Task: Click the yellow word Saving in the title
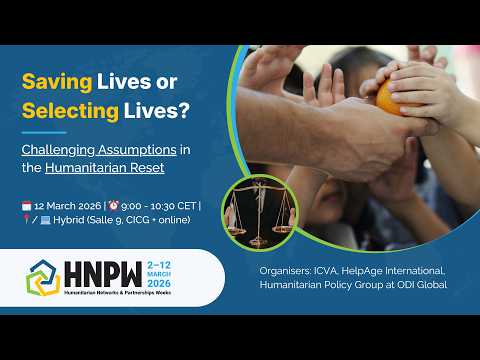pyautogui.click(x=57, y=82)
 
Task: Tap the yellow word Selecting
pyautogui.click(x=70, y=111)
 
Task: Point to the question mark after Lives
pyautogui.click(x=184, y=110)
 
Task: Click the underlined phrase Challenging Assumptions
pyautogui.click(x=99, y=150)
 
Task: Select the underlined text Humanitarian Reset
pyautogui.click(x=105, y=167)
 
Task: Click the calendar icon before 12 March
pyautogui.click(x=27, y=206)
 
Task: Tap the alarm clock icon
pyautogui.click(x=114, y=205)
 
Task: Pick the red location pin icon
pyautogui.click(x=26, y=219)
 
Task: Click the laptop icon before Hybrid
pyautogui.click(x=45, y=220)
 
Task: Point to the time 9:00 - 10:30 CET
pyautogui.click(x=159, y=206)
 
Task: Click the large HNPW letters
pyautogui.click(x=103, y=274)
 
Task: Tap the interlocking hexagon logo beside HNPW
pyautogui.click(x=43, y=278)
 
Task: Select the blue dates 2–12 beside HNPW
pyautogui.click(x=159, y=265)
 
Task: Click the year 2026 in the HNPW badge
pyautogui.click(x=159, y=284)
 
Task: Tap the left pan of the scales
pyautogui.click(x=237, y=230)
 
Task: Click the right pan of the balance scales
pyautogui.click(x=283, y=229)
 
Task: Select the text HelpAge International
pyautogui.click(x=393, y=271)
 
